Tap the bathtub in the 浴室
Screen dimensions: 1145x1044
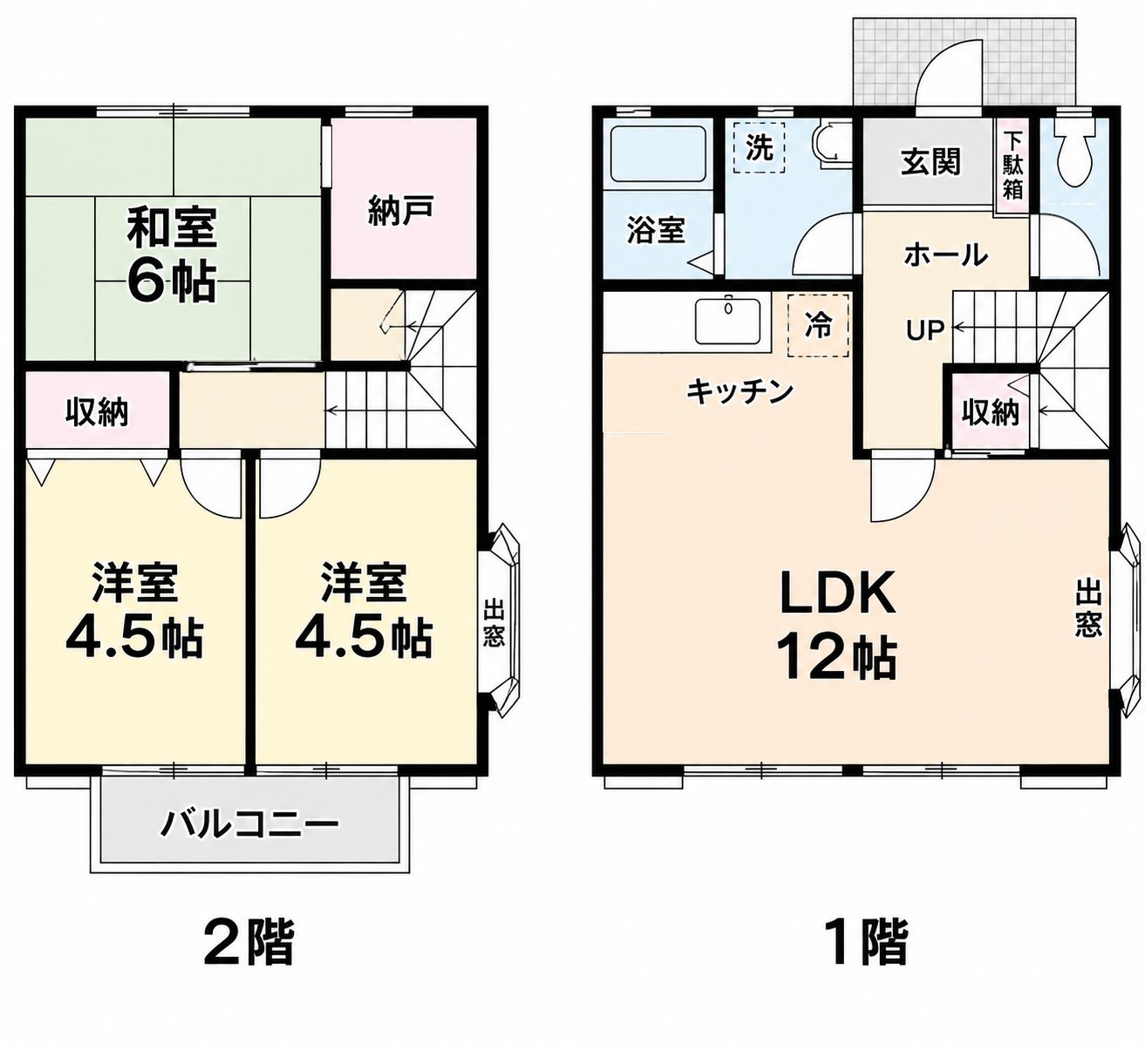tap(658, 154)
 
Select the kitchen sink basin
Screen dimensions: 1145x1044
tap(728, 321)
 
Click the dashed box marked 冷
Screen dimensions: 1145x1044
tap(818, 326)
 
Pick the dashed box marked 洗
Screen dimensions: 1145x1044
tap(760, 148)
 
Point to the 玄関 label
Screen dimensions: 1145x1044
tap(931, 162)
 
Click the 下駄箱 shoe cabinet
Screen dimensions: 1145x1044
tap(1013, 166)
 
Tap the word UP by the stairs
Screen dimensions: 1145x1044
tap(925, 329)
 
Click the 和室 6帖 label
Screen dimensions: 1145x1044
tap(171, 254)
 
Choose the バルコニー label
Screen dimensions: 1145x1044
tap(249, 824)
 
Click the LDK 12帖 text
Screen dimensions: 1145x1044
tap(837, 626)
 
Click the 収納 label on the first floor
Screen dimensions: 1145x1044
tap(991, 412)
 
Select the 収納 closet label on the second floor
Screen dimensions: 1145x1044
tap(97, 412)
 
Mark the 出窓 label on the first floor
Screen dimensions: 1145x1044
tap(1088, 608)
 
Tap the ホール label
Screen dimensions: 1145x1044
tap(946, 255)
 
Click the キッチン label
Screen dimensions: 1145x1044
tap(740, 392)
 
